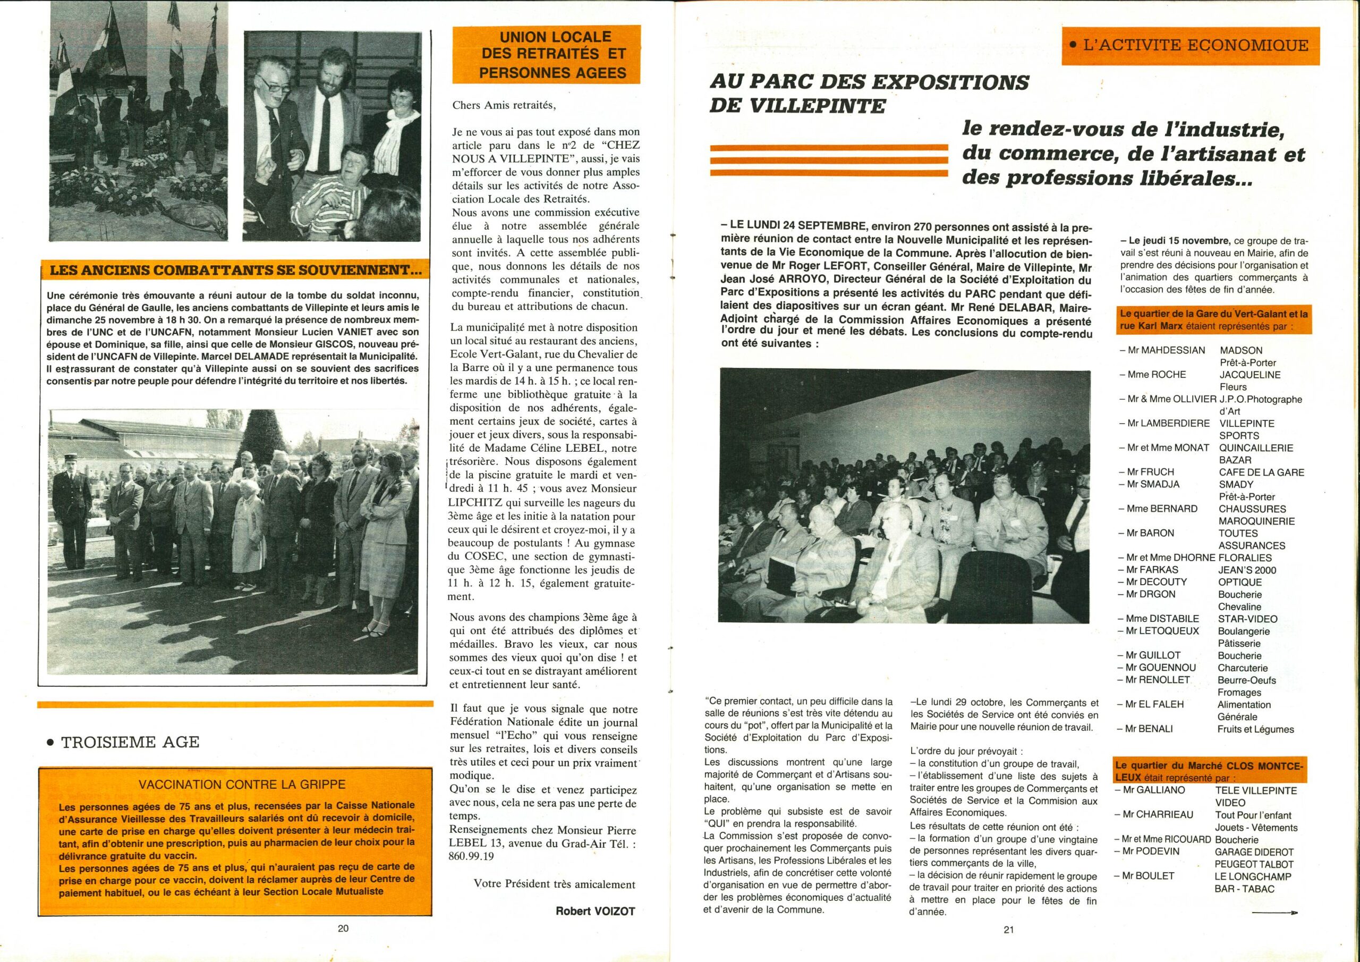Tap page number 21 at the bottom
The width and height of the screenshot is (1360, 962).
[1009, 930]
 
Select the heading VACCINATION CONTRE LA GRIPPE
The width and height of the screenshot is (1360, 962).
[242, 784]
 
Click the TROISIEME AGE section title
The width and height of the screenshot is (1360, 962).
[130, 741]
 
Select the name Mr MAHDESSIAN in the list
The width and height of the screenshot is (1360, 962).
[1166, 350]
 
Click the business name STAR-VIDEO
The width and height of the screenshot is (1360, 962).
[1247, 619]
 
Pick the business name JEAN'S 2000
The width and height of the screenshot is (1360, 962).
[1247, 570]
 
